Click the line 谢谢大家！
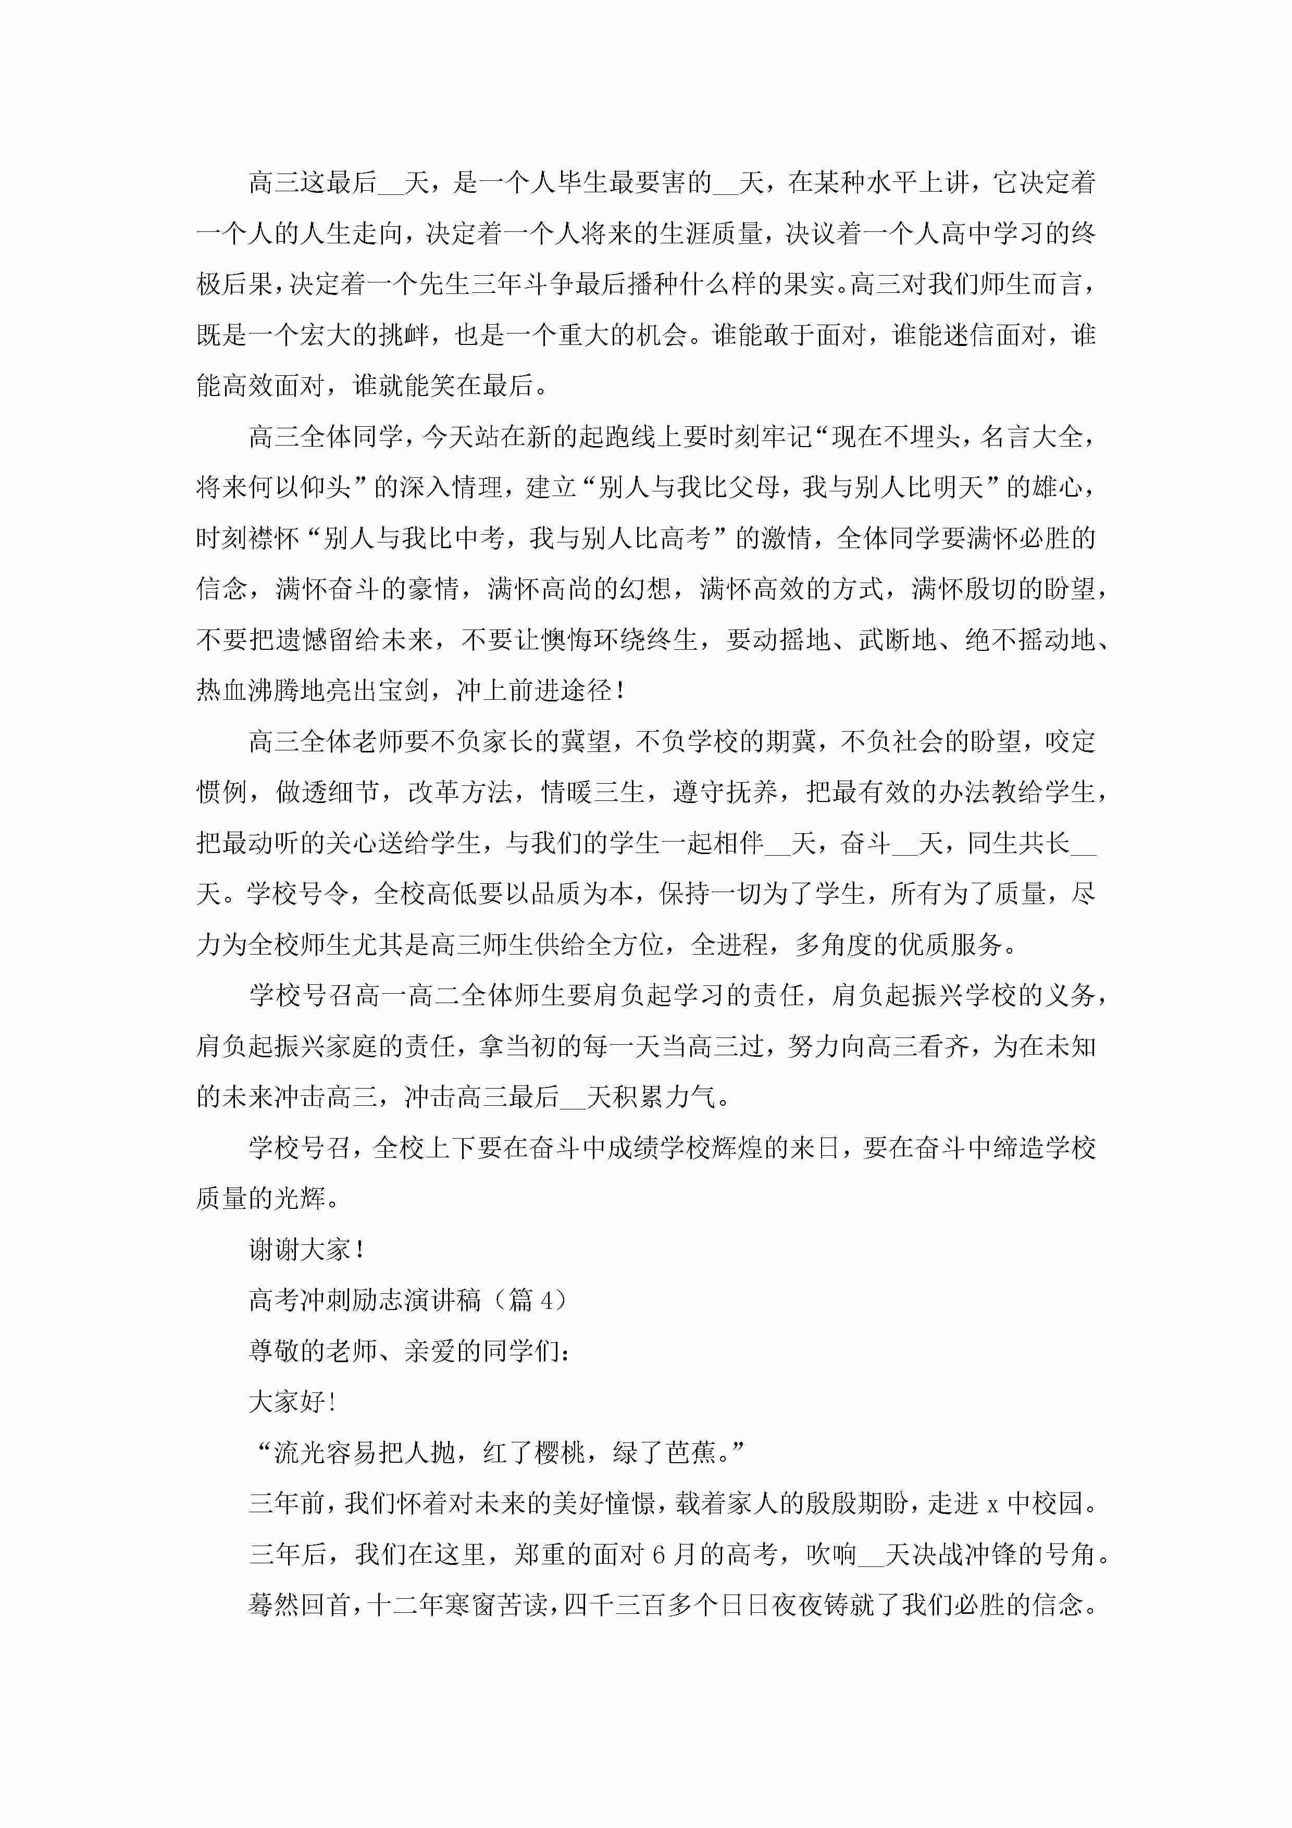tap(307, 1249)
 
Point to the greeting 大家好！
tap(292, 1401)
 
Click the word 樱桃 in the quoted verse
tap(561, 1452)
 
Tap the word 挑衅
tap(404, 335)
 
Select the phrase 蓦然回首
tap(300, 1604)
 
